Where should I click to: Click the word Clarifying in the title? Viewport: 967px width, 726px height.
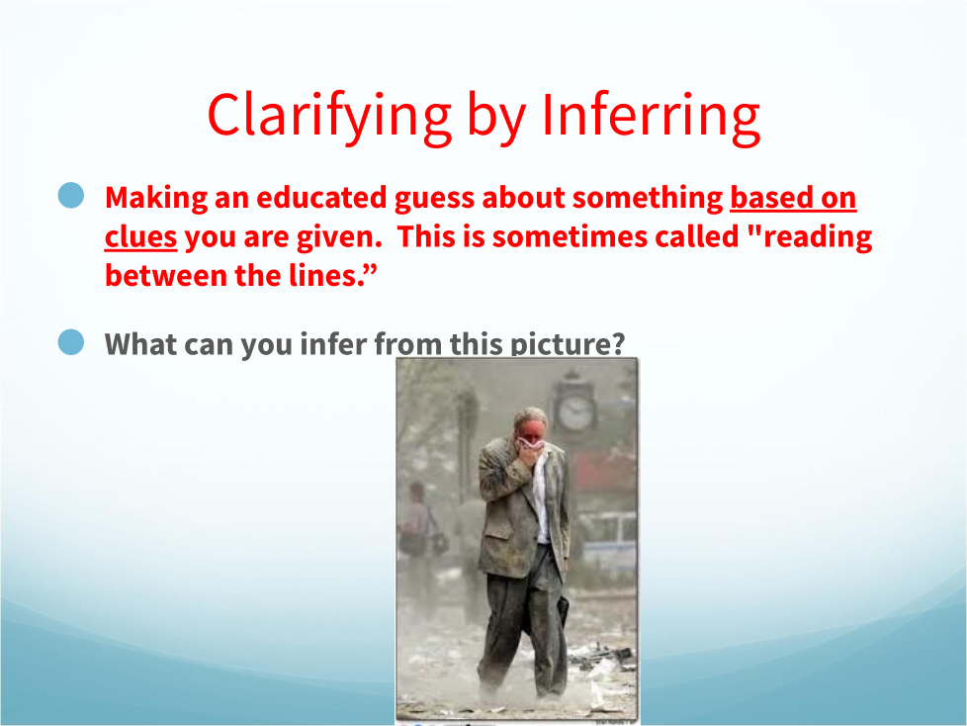329,117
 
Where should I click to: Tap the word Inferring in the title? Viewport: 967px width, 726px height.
651,117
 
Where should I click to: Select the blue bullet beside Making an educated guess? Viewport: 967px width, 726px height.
71,195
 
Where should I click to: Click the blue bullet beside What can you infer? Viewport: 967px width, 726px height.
71,341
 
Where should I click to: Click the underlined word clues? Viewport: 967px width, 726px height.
140,236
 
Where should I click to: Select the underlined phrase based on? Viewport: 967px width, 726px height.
793,198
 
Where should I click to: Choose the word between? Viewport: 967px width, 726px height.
166,276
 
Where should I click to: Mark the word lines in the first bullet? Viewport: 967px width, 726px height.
324,275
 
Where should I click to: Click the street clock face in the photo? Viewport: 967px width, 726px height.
575,412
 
